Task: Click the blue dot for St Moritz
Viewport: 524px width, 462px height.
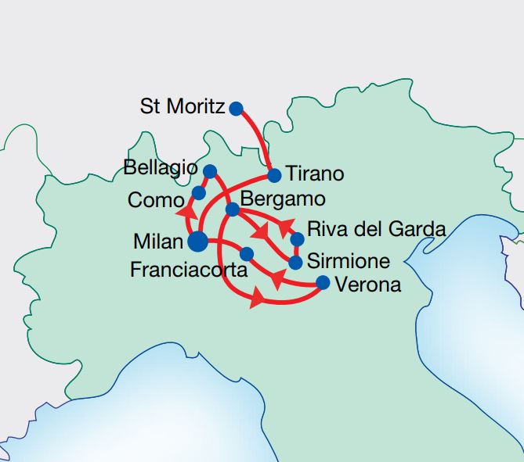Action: pos(236,108)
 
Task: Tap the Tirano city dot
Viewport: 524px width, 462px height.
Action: pos(274,174)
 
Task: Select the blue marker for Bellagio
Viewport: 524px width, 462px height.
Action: pos(210,170)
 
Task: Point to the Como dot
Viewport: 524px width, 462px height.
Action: pos(199,192)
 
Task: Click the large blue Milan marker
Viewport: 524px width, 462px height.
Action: pos(198,242)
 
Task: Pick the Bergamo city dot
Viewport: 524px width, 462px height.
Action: pos(233,209)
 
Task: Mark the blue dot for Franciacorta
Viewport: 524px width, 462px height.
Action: pos(247,253)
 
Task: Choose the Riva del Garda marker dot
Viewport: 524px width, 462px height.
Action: pos(297,238)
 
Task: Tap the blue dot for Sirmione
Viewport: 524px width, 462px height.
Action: pos(296,262)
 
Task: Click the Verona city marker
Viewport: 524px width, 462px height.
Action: pos(322,283)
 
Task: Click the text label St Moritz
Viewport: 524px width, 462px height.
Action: pos(182,106)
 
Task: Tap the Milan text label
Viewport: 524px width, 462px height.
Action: pos(159,242)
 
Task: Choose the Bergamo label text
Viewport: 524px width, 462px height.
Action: pos(283,199)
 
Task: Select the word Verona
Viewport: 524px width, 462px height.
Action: pos(367,285)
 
